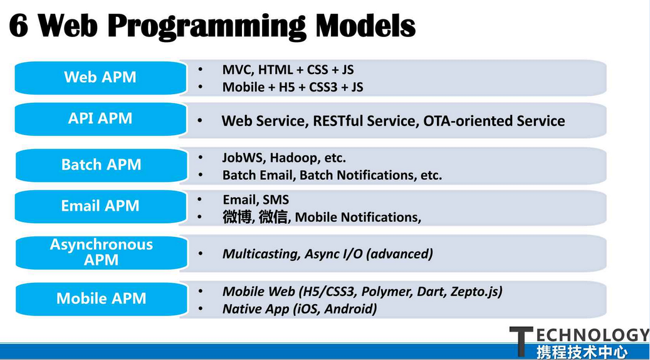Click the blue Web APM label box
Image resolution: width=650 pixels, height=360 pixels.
tap(100, 78)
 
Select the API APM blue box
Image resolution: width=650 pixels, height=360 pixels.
tap(100, 119)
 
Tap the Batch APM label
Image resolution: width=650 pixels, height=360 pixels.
tap(101, 165)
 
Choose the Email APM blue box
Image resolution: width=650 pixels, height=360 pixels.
tap(100, 206)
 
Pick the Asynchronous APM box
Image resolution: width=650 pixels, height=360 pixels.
tap(101, 253)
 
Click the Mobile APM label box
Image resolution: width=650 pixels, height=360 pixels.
tap(101, 299)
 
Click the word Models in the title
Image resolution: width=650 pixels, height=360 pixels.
tap(365, 26)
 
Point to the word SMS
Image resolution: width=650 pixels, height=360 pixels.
tap(276, 199)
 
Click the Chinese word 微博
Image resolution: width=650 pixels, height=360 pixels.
tap(237, 218)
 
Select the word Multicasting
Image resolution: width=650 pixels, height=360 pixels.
tap(261, 254)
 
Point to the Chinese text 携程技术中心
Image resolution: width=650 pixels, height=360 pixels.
tap(582, 352)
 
